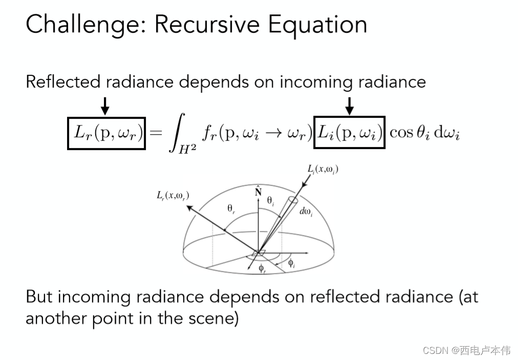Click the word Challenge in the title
click(x=82, y=25)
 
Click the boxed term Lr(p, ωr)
click(x=107, y=133)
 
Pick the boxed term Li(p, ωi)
click(x=349, y=133)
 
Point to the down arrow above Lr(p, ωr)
click(x=105, y=107)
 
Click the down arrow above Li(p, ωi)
click(x=350, y=107)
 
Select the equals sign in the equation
click(x=156, y=134)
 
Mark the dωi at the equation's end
click(x=445, y=134)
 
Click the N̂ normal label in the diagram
click(x=258, y=191)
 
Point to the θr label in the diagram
click(x=231, y=208)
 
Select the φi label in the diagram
click(x=291, y=264)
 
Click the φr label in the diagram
click(x=262, y=269)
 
